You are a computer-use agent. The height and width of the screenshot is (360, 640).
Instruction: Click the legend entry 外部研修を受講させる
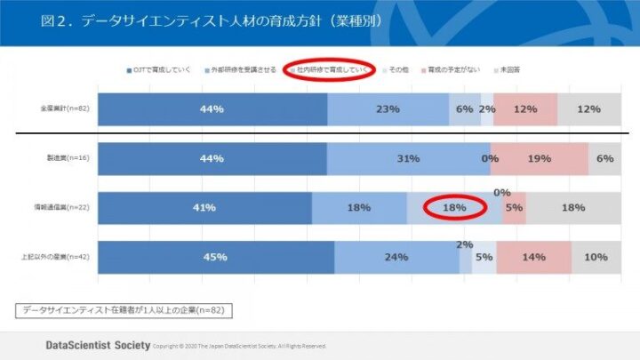pyautogui.click(x=244, y=69)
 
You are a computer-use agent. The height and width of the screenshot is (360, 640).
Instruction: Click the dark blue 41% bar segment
pyautogui.click(x=204, y=208)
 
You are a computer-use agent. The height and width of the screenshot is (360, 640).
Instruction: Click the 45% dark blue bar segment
pyautogui.click(x=215, y=257)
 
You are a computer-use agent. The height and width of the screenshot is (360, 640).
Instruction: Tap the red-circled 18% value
pyautogui.click(x=454, y=208)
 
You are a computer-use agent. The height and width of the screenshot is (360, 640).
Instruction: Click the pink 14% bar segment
pyautogui.click(x=533, y=257)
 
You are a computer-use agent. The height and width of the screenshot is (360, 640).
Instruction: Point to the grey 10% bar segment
pyautogui.click(x=596, y=257)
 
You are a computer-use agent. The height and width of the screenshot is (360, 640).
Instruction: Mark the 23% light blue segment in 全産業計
pyautogui.click(x=388, y=108)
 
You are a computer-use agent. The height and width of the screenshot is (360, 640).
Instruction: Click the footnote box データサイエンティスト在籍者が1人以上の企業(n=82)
pyautogui.click(x=130, y=310)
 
